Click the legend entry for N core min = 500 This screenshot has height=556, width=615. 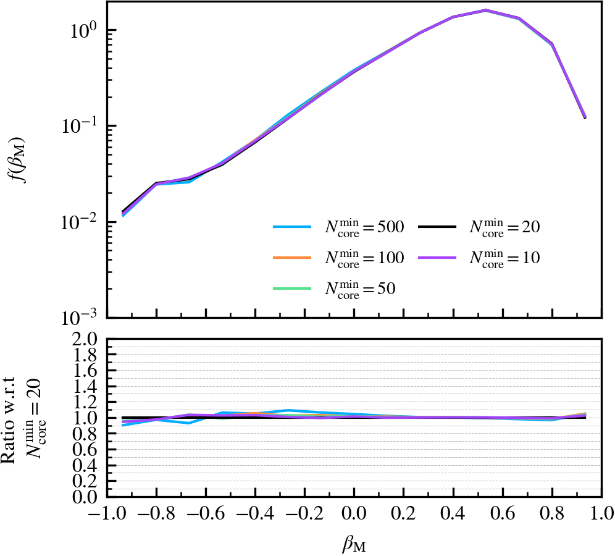point(339,228)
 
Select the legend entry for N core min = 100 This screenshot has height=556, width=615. point(339,258)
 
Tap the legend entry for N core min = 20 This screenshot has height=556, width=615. point(480,228)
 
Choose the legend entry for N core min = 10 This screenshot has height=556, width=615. point(480,258)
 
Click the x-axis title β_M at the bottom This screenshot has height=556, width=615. point(354,543)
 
